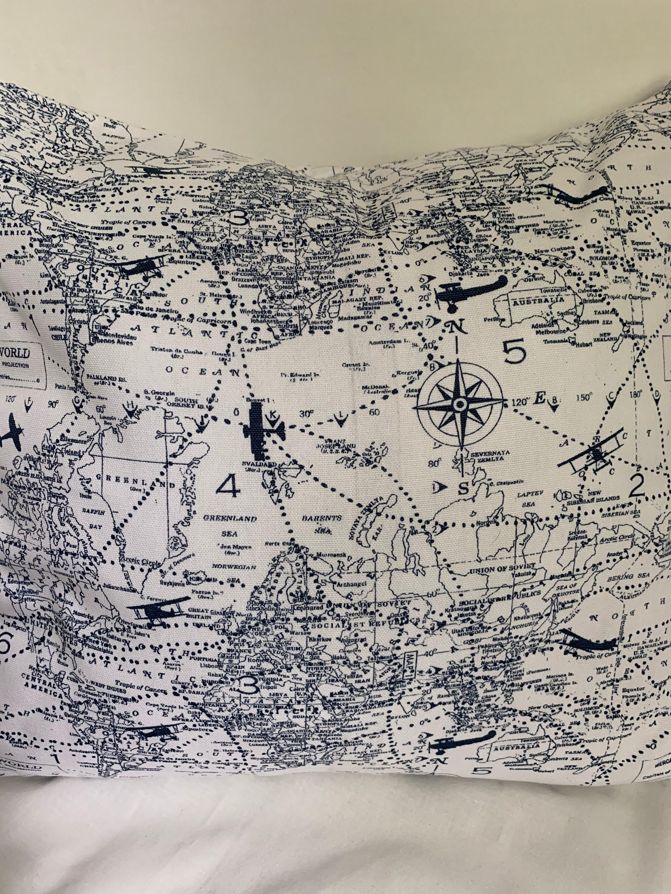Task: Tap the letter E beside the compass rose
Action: pyautogui.click(x=539, y=399)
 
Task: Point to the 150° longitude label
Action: pyautogui.click(x=584, y=398)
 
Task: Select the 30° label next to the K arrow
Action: pyautogui.click(x=307, y=414)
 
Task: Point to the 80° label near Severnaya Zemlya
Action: pyautogui.click(x=434, y=464)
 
